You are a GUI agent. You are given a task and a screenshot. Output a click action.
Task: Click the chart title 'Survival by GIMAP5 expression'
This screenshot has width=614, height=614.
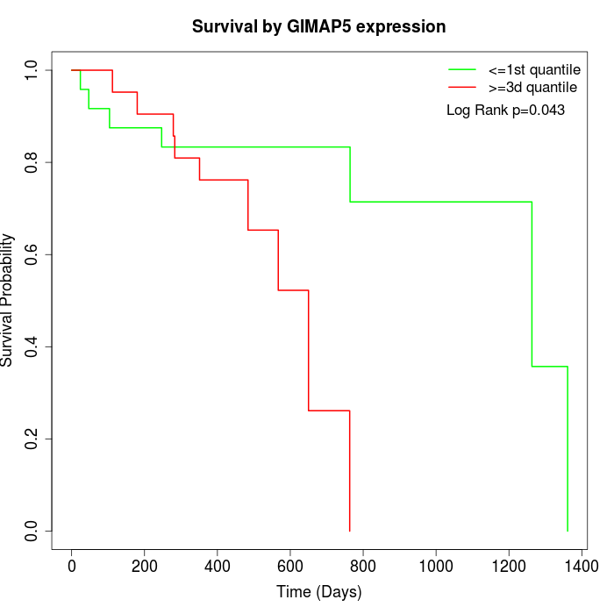318,27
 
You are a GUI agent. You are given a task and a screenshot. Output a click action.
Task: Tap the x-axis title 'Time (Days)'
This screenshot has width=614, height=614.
318,592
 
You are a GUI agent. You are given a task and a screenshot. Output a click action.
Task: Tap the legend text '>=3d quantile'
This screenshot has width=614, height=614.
532,88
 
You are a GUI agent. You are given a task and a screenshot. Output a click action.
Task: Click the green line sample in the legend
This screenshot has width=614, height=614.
462,68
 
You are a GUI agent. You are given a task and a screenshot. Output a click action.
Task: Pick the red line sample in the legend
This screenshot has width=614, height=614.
462,88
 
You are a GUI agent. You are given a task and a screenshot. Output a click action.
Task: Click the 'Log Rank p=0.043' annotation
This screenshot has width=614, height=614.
505,111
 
